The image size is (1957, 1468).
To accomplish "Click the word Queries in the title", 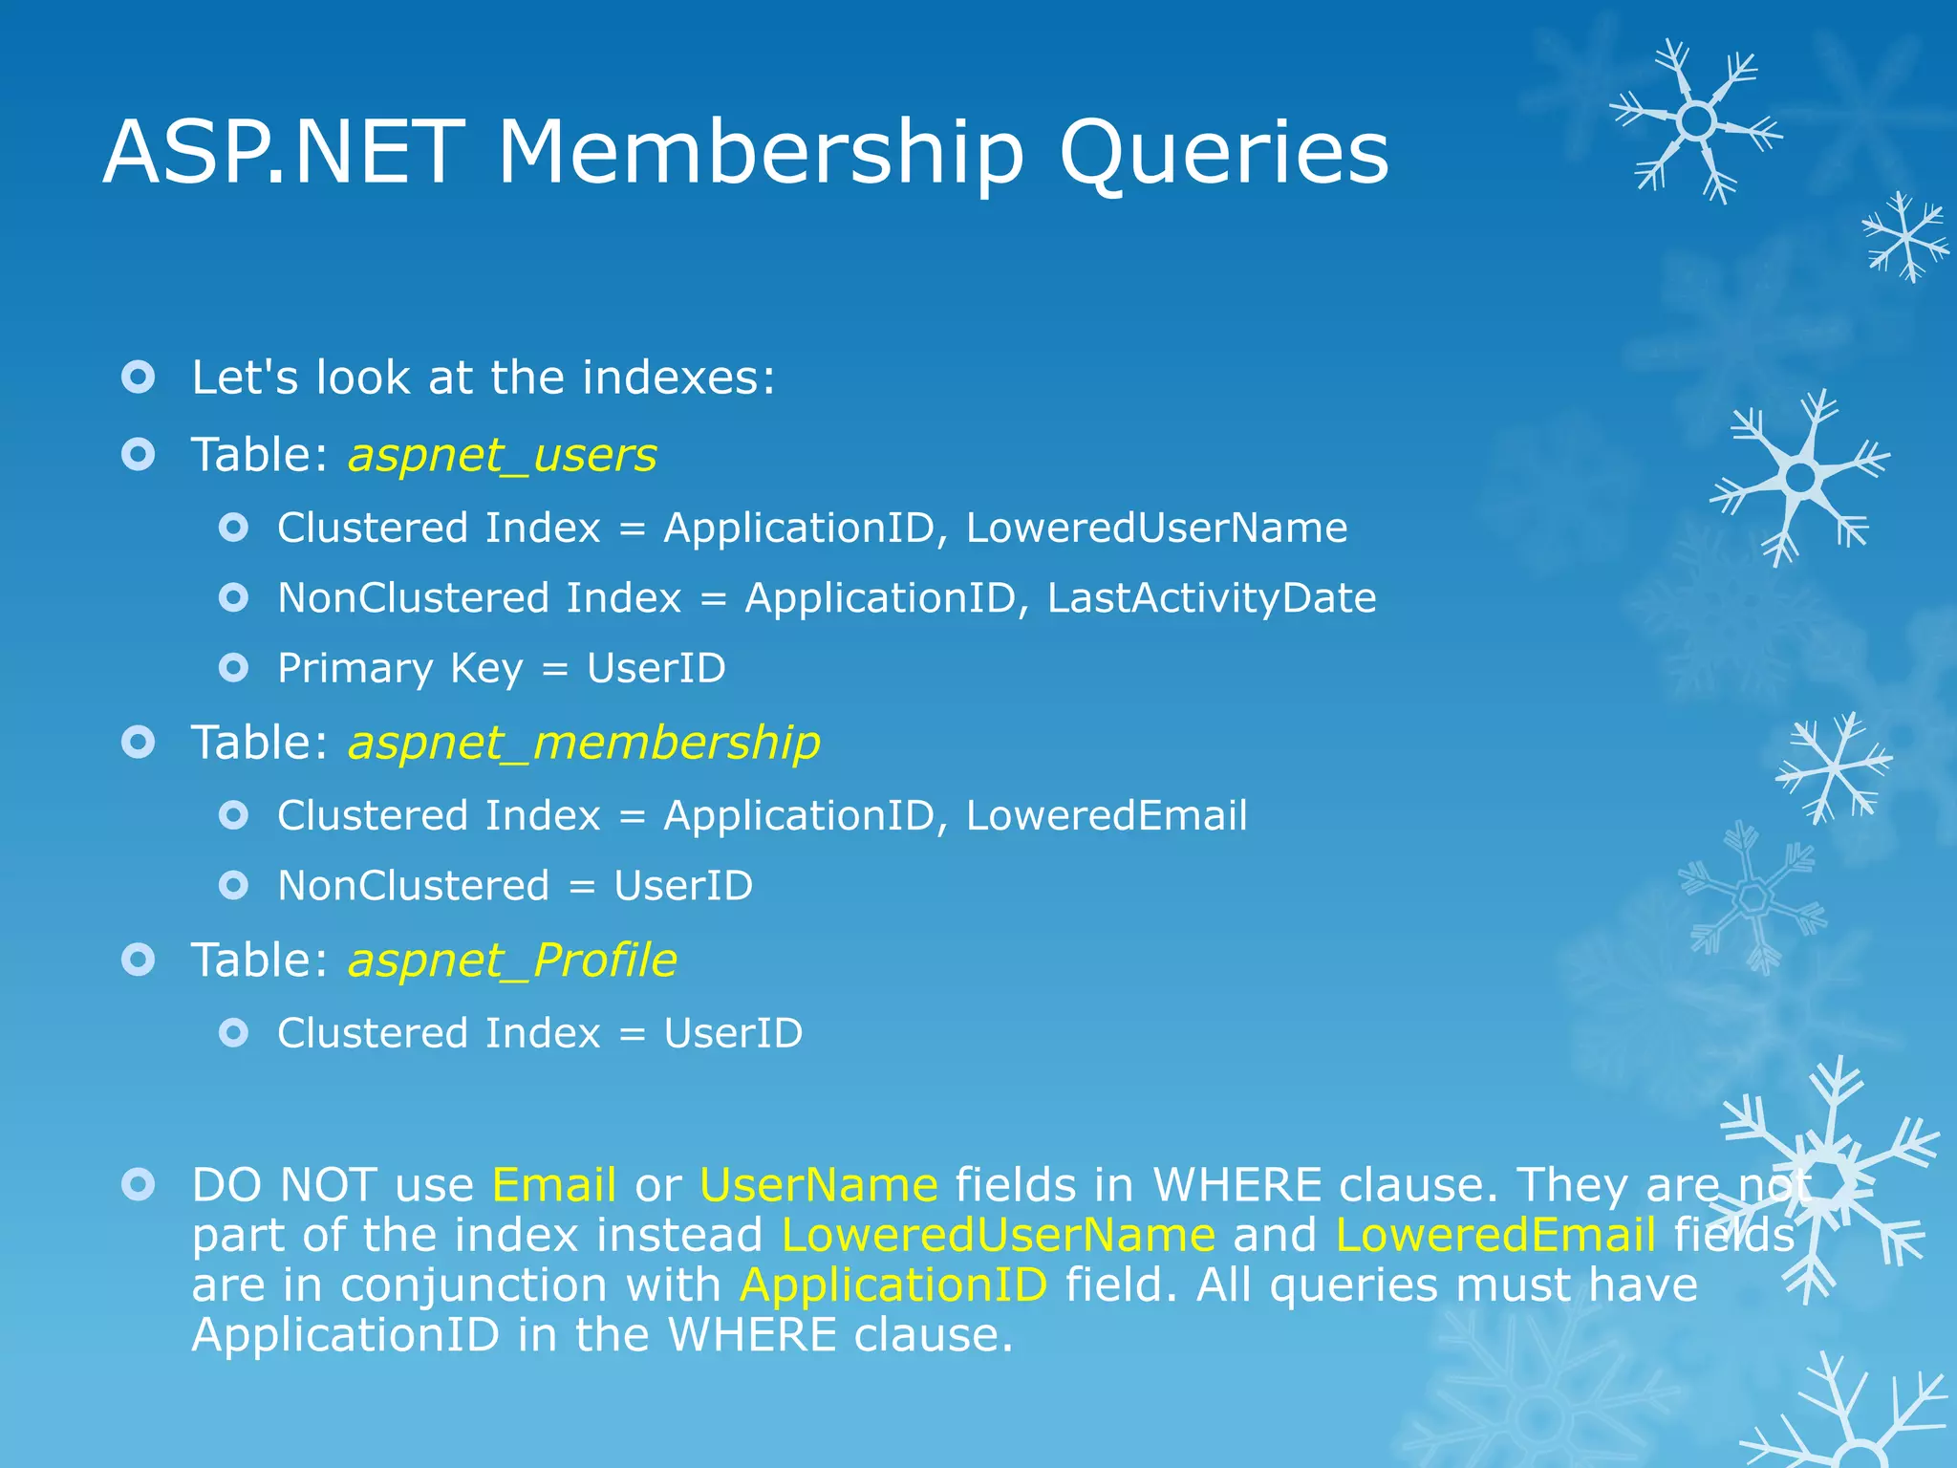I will (1223, 153).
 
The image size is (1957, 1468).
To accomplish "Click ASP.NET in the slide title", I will (284, 153).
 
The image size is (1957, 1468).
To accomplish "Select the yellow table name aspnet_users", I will (503, 455).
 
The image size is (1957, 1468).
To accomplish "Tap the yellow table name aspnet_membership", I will (584, 743).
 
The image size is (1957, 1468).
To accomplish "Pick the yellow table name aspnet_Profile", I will (512, 960).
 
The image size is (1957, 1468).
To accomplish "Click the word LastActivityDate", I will (1212, 598).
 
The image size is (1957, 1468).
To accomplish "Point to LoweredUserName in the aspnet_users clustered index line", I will (1156, 528).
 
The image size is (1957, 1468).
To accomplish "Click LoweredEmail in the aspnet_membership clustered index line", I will (1107, 815).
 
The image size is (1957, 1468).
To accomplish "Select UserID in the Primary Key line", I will (656, 668).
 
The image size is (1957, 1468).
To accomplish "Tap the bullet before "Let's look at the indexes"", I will (139, 378).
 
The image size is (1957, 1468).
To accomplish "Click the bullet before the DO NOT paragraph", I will (139, 1185).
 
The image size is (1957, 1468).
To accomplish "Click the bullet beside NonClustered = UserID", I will (233, 886).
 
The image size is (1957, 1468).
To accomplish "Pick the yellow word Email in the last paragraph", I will (554, 1185).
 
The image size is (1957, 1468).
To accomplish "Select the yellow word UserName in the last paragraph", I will (819, 1185).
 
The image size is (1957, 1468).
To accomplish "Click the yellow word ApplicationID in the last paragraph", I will (893, 1284).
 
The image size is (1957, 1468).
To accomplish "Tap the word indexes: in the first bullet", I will (679, 378).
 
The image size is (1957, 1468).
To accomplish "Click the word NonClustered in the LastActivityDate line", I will (413, 598).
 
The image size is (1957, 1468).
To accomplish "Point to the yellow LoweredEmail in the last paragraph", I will (1495, 1235).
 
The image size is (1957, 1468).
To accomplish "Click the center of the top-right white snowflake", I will (1696, 121).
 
